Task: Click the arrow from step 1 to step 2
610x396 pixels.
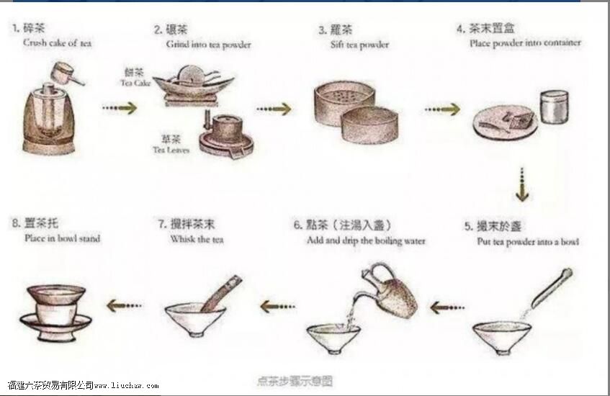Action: (x=119, y=108)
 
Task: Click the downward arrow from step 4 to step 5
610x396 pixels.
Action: (x=521, y=184)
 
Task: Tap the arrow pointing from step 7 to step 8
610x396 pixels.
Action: (x=125, y=306)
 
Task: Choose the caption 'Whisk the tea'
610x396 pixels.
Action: (x=197, y=239)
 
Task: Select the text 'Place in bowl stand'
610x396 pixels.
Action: (x=62, y=238)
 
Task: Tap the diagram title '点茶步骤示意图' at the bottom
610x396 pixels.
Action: (x=295, y=380)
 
